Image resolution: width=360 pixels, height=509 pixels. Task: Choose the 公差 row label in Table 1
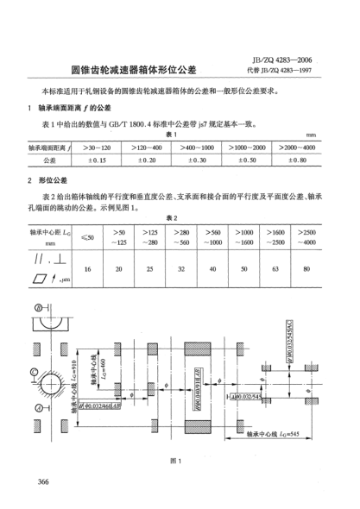(48, 160)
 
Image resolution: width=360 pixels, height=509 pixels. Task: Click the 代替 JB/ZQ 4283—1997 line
(280, 72)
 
